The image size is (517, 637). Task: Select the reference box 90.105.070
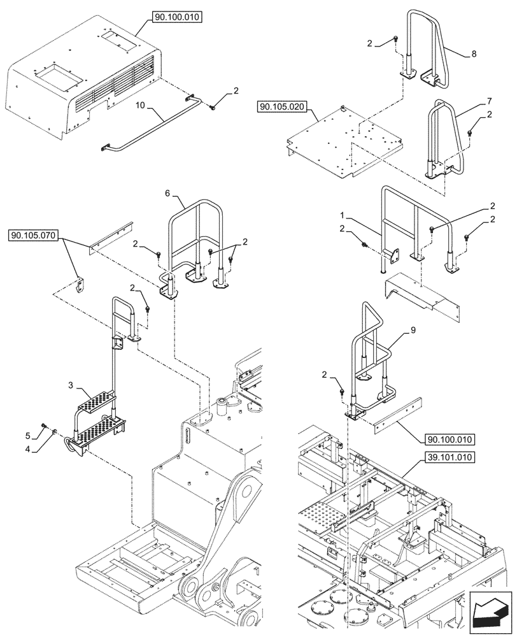(x=34, y=236)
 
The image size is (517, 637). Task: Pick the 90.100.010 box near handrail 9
(x=446, y=439)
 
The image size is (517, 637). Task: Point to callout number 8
(x=474, y=55)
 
